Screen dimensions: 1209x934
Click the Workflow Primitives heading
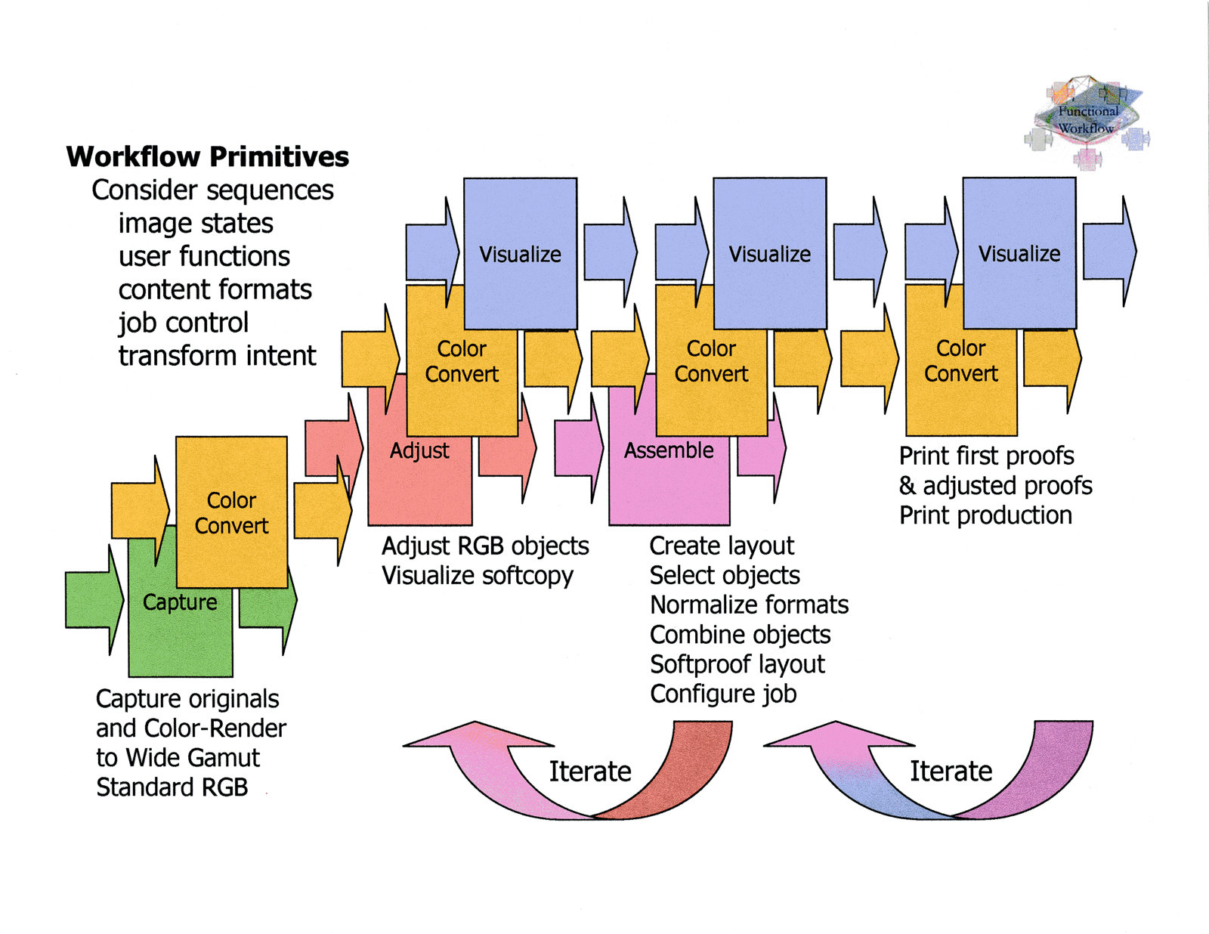[208, 157]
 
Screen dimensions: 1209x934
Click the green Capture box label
[180, 602]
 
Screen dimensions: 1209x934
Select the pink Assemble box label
[669, 450]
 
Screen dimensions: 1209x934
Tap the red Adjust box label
[419, 450]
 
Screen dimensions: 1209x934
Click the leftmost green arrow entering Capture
[94, 600]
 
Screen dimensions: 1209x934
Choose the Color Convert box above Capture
[231, 512]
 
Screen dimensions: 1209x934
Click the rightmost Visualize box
[1019, 253]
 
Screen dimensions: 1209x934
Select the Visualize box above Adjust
[520, 254]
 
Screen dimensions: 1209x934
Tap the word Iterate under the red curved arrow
[590, 772]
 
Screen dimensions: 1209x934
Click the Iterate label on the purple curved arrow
[951, 772]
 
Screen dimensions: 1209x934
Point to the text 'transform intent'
[217, 355]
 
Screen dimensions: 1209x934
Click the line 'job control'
[183, 323]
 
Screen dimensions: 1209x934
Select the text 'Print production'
[985, 515]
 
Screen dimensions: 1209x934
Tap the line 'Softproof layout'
[737, 664]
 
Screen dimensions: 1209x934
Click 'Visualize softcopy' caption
[478, 576]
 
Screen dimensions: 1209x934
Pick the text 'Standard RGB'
[172, 787]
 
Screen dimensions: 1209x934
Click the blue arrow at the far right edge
[1109, 251]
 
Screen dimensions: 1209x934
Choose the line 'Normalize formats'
[749, 605]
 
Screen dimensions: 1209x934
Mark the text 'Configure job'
[723, 694]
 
